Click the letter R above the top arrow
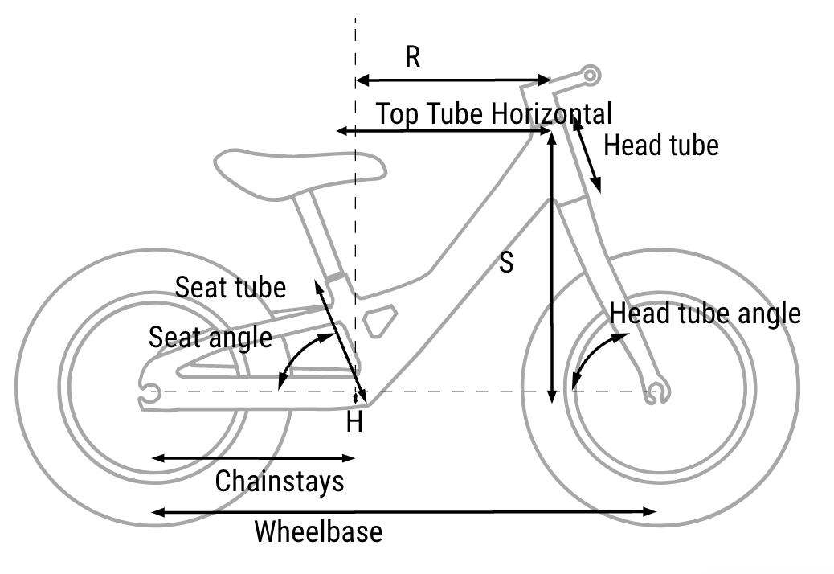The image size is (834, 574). pyautogui.click(x=413, y=58)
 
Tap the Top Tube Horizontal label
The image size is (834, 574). pyautogui.click(x=493, y=113)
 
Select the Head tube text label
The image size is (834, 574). pyautogui.click(x=660, y=146)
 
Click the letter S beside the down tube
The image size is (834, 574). pyautogui.click(x=505, y=263)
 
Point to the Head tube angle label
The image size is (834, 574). pyautogui.click(x=705, y=314)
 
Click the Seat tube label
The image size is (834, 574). pyautogui.click(x=231, y=287)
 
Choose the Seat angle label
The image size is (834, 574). pyautogui.click(x=211, y=337)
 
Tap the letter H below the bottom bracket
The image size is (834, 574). pyautogui.click(x=354, y=423)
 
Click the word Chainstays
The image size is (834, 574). pyautogui.click(x=280, y=482)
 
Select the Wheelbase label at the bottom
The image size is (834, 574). pyautogui.click(x=318, y=531)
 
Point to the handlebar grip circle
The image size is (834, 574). pyautogui.click(x=591, y=76)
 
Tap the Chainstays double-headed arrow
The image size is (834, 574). pyautogui.click(x=253, y=458)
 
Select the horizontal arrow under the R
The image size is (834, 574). pyautogui.click(x=453, y=80)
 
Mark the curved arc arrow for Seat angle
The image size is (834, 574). pyautogui.click(x=303, y=354)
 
